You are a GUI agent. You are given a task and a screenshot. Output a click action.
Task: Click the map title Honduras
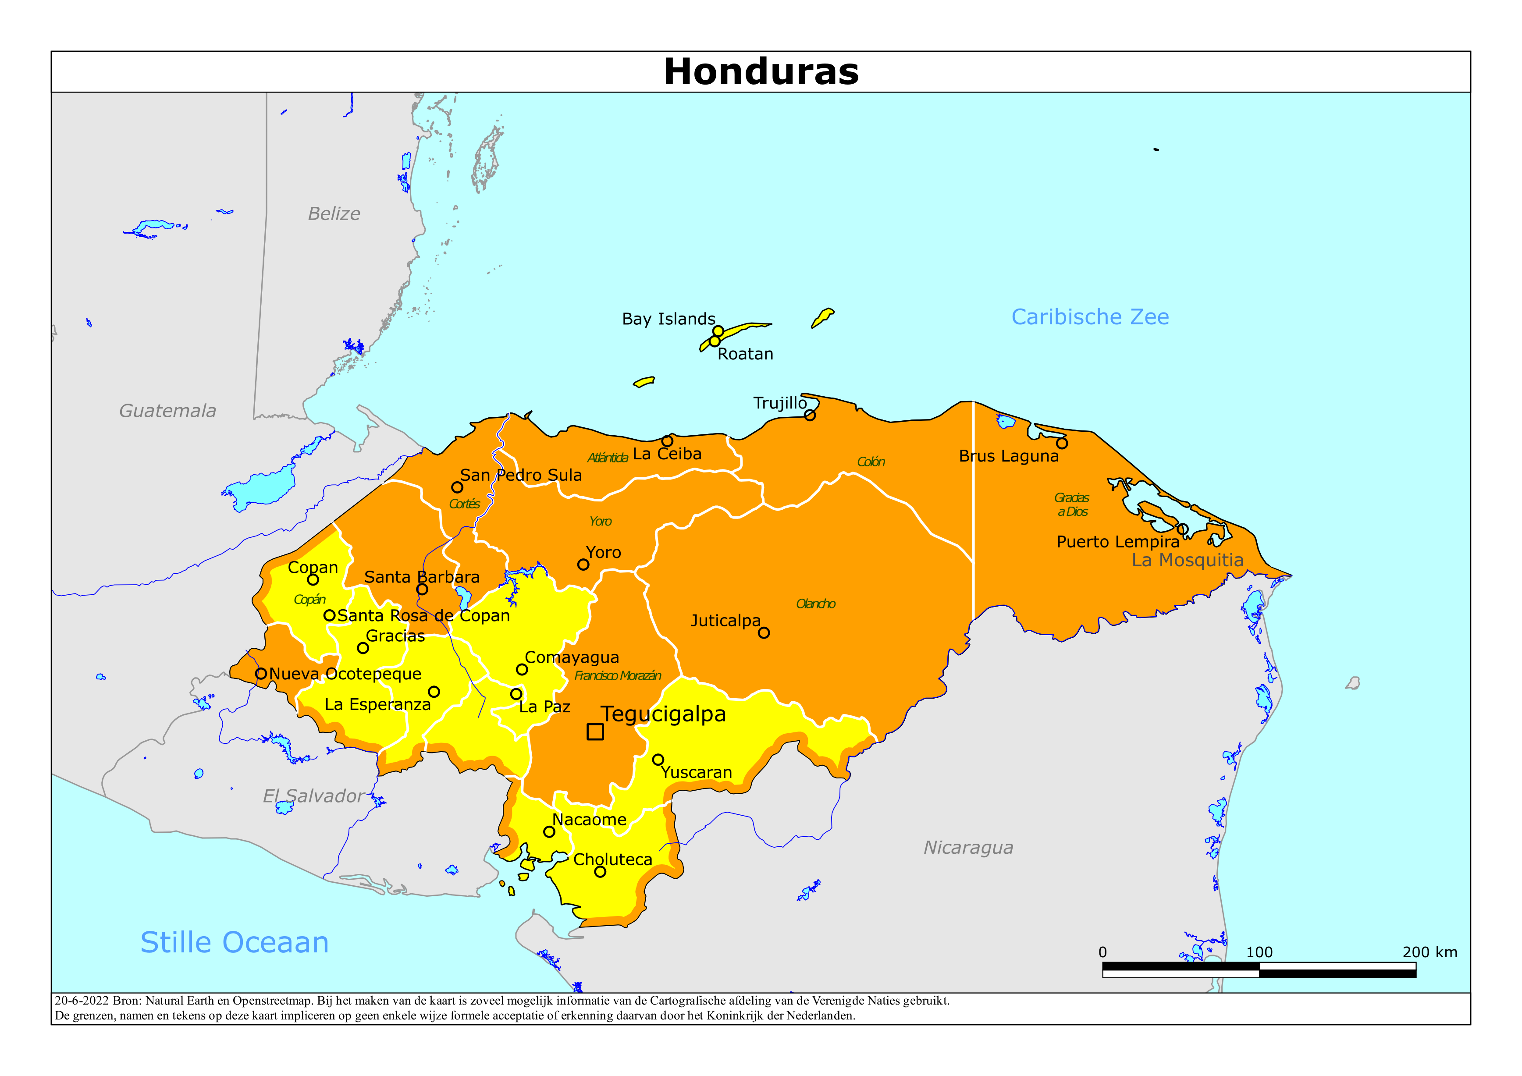761,71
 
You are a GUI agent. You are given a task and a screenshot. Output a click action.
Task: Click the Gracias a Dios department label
1072,504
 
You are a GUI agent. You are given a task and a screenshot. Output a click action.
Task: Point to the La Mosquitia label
1187,560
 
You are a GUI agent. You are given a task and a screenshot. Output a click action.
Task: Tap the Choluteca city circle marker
600,872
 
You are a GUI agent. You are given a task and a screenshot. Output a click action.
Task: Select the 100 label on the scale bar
1259,952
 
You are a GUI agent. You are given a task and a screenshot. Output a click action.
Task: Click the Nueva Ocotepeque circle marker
261,674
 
